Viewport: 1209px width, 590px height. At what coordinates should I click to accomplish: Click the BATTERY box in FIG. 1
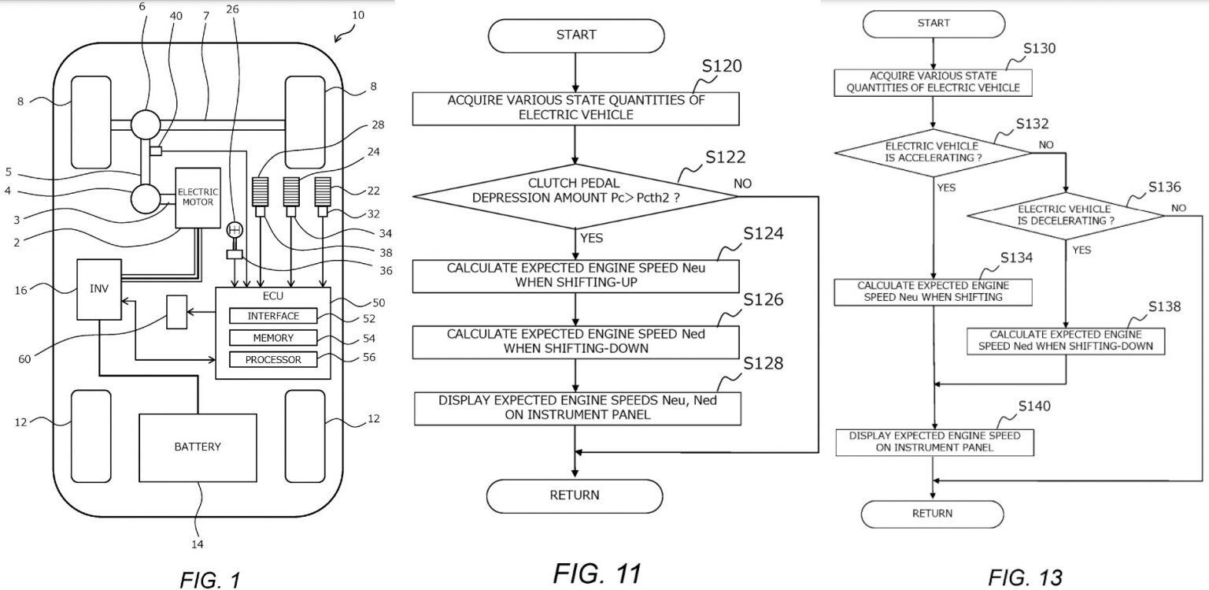point(198,447)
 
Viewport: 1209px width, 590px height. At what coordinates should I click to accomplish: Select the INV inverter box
point(99,289)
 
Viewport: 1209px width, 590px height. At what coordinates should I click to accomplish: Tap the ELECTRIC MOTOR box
point(198,197)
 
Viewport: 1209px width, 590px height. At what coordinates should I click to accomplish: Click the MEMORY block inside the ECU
point(273,338)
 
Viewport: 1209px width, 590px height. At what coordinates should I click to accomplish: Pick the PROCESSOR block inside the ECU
point(273,360)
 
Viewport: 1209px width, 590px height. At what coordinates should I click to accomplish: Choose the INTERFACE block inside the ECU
point(273,316)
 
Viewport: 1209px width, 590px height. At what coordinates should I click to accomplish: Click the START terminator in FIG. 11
point(575,35)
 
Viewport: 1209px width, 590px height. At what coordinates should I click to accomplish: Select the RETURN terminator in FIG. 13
point(932,514)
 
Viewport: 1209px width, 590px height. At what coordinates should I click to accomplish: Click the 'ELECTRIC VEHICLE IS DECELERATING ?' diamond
point(1065,215)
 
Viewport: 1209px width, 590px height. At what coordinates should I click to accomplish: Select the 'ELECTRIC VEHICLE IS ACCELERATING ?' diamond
point(932,151)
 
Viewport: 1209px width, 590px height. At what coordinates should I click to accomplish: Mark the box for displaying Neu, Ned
point(577,406)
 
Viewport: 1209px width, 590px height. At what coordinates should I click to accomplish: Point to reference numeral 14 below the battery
point(197,543)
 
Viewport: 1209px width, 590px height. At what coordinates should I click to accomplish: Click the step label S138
point(1163,306)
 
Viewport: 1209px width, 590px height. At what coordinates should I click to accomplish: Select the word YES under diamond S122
point(592,237)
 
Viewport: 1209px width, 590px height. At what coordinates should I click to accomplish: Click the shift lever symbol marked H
point(234,231)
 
